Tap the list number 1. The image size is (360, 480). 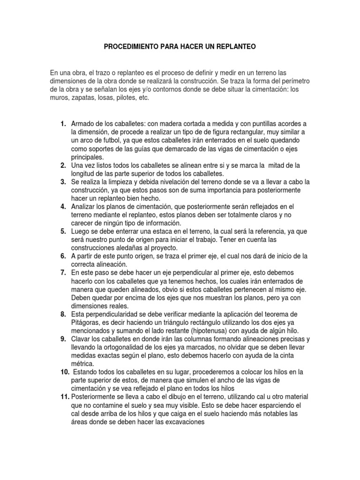(63, 124)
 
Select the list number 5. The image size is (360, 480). (63, 232)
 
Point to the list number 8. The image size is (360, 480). (63, 314)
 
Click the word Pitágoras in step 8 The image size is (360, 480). (85, 322)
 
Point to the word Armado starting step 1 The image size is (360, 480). (82, 124)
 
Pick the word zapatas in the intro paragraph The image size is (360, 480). (83, 98)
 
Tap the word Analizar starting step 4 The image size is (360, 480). (83, 206)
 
